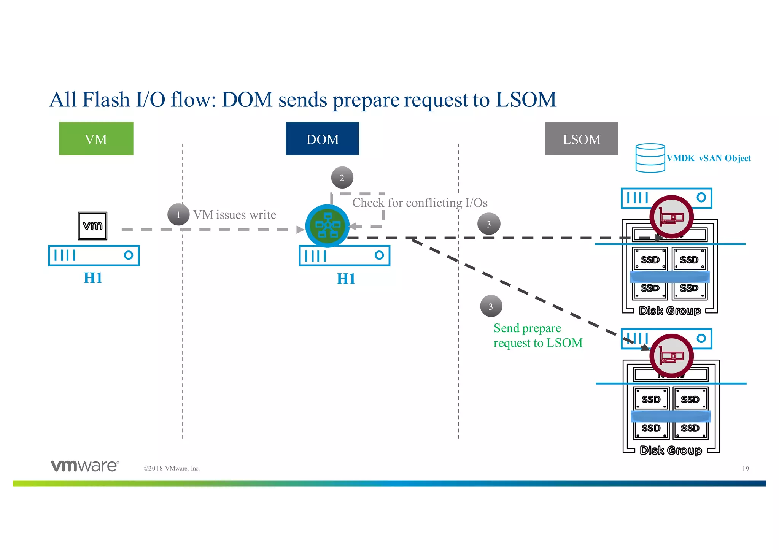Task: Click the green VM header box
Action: click(96, 139)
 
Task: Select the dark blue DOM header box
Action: click(322, 139)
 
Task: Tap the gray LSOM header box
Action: click(581, 139)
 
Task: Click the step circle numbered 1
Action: click(178, 215)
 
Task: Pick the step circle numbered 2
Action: click(342, 178)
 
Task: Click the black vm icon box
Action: click(92, 226)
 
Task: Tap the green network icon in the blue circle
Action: click(327, 226)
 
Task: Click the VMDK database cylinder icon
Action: click(650, 158)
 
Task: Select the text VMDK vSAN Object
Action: click(709, 159)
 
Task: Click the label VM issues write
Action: click(234, 215)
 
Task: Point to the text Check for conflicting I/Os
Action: click(420, 203)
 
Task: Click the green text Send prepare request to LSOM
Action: click(537, 335)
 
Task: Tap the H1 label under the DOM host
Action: click(346, 279)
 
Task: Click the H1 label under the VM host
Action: click(93, 278)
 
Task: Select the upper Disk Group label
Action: click(670, 311)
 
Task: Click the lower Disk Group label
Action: click(671, 450)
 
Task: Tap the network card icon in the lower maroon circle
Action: click(671, 356)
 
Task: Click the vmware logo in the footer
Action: click(85, 466)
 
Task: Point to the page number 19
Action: click(745, 469)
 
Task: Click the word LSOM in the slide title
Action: click(526, 100)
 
